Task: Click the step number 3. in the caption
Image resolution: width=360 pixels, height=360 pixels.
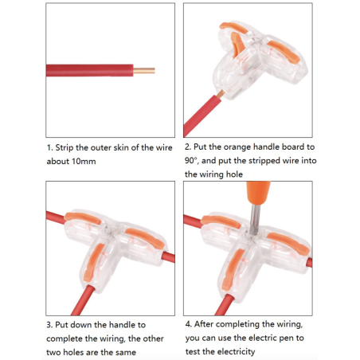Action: coord(50,324)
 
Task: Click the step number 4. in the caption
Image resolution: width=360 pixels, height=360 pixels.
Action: coord(189,324)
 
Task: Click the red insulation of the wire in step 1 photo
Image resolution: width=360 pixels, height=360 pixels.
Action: coord(88,70)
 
